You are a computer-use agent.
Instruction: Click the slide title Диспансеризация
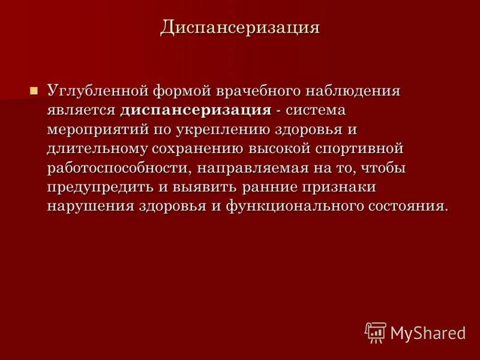click(239, 28)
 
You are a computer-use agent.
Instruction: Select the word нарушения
click(84, 206)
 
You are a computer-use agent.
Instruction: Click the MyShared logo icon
click(376, 332)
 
